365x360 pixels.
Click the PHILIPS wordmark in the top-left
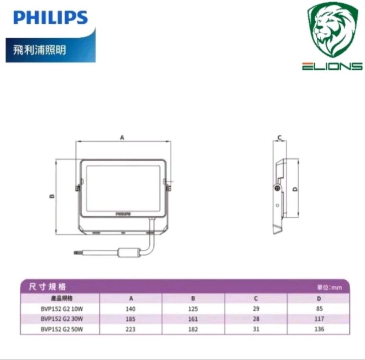point(50,17)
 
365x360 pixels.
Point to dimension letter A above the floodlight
point(122,137)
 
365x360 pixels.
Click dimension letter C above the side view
point(279,137)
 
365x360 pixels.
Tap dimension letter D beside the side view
point(295,189)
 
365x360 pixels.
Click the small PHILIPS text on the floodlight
point(122,213)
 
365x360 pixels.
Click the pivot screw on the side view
point(276,187)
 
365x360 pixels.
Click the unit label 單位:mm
point(329,288)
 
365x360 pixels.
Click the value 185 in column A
point(131,319)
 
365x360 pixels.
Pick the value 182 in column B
point(193,329)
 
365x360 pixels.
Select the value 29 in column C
point(255,309)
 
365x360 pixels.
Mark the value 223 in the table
point(131,329)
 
